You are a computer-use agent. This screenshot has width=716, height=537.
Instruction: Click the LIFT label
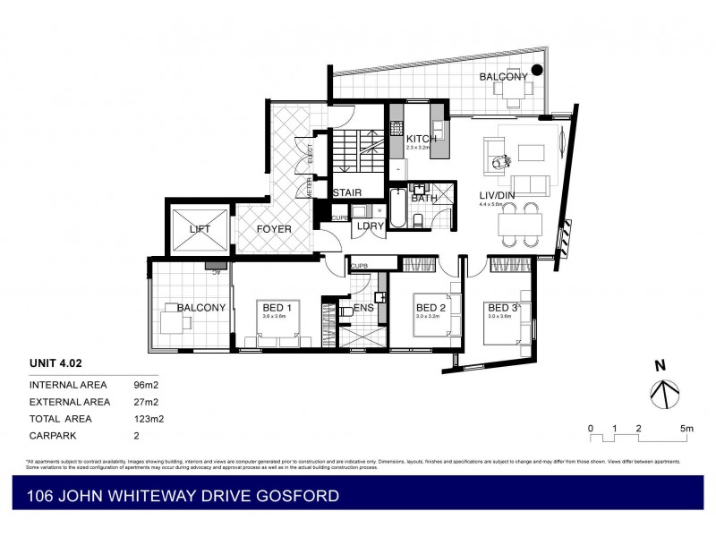[x=200, y=229]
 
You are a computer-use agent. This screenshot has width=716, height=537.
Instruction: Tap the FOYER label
[x=274, y=229]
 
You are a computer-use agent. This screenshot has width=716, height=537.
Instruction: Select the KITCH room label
[x=422, y=139]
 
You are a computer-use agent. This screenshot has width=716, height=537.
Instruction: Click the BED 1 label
[x=274, y=307]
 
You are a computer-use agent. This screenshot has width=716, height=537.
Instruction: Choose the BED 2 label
[x=432, y=307]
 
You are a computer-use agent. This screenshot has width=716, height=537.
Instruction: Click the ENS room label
[x=363, y=308]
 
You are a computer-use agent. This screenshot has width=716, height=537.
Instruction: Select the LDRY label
[x=370, y=226]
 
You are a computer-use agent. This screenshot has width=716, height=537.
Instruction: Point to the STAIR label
[x=346, y=192]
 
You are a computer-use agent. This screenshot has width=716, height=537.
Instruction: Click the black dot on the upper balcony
[x=537, y=70]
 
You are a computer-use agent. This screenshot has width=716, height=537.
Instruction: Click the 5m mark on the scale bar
[x=686, y=429]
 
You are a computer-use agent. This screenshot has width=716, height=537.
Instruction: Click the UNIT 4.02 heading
[x=55, y=363]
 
